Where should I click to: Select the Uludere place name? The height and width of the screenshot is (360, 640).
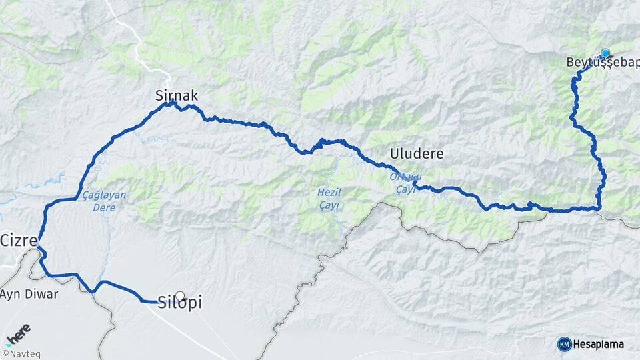pos(417,154)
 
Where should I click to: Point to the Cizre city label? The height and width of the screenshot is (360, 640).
pos(18,240)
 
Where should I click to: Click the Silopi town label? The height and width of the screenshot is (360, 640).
pos(180,303)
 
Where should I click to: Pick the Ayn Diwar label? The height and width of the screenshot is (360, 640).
pos(29,294)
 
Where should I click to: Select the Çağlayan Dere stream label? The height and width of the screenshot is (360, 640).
pos(104,201)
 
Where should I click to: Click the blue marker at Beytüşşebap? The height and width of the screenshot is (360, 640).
pos(605,53)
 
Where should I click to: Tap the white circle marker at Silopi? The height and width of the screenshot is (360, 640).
pos(179,295)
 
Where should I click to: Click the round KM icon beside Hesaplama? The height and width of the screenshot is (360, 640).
pos(564,344)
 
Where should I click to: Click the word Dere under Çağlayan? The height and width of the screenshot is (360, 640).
pos(104,207)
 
